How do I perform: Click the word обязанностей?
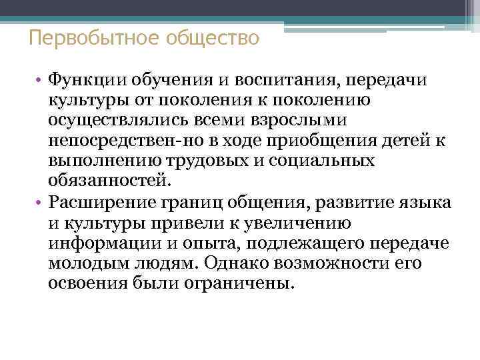point(108,181)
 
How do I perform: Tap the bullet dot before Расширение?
point(41,203)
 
